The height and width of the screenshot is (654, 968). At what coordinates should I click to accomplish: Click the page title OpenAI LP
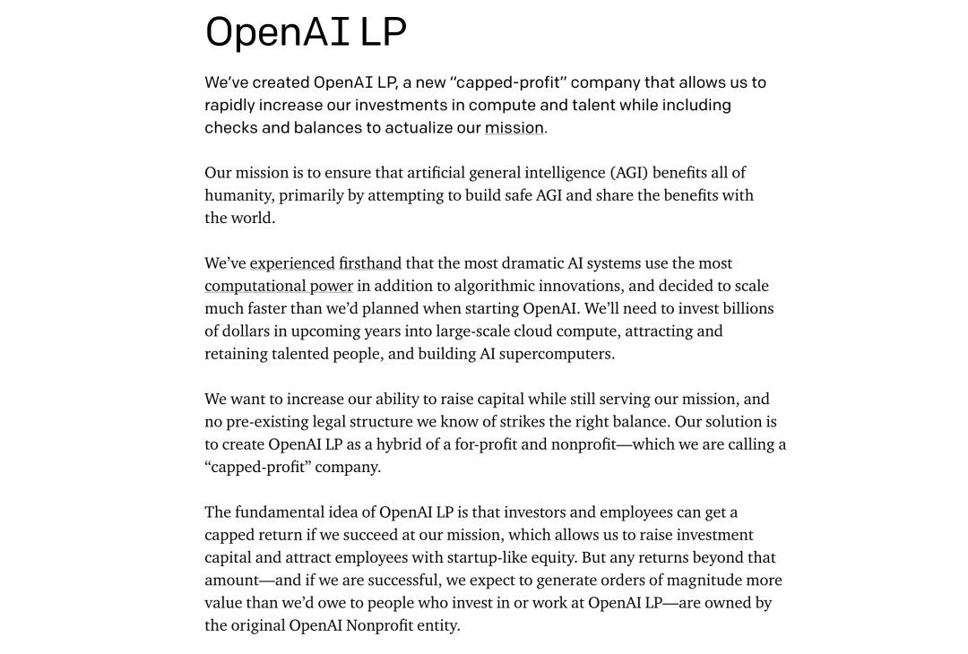306,31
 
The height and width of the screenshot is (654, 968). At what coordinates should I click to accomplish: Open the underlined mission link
514,128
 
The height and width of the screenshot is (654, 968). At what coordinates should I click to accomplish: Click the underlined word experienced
292,263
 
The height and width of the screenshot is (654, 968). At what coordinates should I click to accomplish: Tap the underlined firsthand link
370,263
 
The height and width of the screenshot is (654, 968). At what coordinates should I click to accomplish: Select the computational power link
279,286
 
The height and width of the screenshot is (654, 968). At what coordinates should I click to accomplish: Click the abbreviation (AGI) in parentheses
629,173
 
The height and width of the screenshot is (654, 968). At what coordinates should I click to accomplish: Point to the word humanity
239,195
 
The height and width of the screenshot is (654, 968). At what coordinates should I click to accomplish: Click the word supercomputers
557,354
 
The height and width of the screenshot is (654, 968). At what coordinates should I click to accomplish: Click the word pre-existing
266,422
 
